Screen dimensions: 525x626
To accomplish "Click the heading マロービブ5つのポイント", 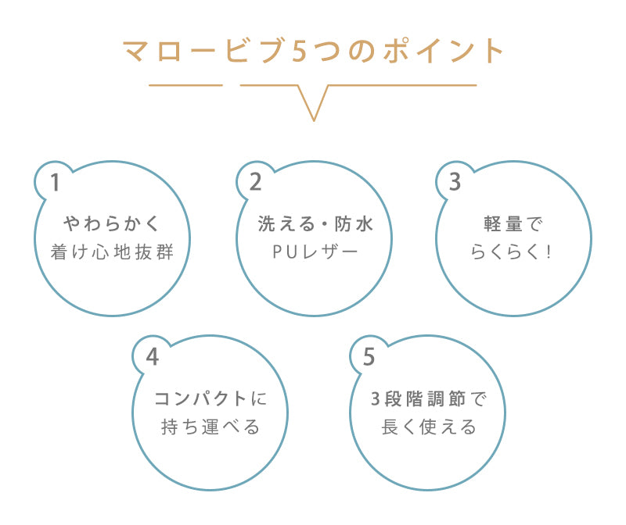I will click(x=313, y=51).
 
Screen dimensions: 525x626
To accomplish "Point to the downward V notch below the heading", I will click(x=313, y=109).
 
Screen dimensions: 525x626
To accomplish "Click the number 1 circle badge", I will click(x=55, y=182).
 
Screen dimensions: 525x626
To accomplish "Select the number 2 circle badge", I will click(x=255, y=182).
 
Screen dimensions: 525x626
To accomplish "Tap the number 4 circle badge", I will click(x=152, y=356).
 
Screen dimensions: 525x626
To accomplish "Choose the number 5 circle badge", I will click(x=369, y=356).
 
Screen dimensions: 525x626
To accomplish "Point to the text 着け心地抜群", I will click(x=112, y=252).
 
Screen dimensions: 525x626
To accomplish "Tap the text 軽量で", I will click(x=513, y=224).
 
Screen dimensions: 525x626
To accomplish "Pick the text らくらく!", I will click(x=513, y=252).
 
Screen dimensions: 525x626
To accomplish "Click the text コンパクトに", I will click(x=210, y=398).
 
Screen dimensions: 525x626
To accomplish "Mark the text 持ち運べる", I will click(x=210, y=427).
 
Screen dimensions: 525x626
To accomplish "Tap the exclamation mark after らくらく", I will click(x=549, y=252).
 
